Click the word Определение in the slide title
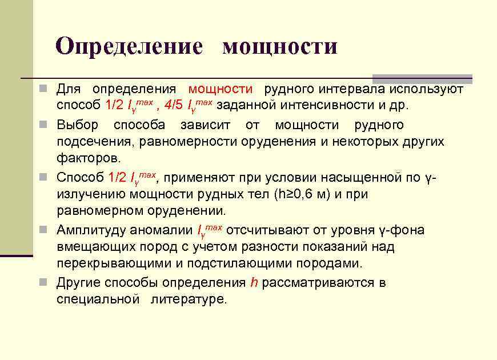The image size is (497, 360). coord(129,46)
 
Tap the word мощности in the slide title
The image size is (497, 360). coord(279,46)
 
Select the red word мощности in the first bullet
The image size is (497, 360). coord(221,89)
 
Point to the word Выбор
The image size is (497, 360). coord(77,125)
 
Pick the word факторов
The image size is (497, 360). coord(89,157)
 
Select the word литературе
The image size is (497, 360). coord(189,299)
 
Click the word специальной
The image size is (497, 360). coord(98,299)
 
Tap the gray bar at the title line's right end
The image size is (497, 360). coord(422,79)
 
